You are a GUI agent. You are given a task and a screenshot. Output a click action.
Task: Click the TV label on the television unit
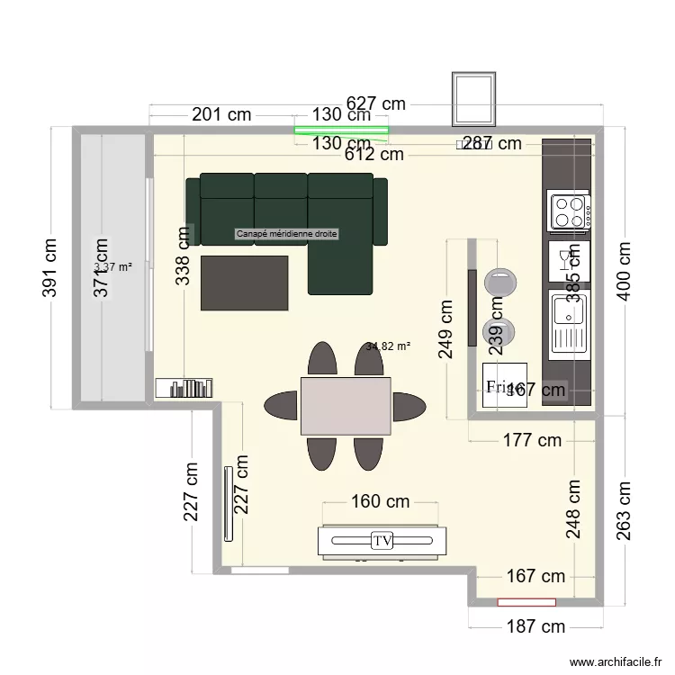pos(382,541)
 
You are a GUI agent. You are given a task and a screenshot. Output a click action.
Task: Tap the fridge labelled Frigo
pos(504,386)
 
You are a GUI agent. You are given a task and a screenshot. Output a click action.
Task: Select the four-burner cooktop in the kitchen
pos(570,212)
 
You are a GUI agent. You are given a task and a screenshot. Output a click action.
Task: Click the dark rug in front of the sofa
pos(244,283)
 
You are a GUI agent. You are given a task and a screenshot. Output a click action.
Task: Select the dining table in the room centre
pos(346,405)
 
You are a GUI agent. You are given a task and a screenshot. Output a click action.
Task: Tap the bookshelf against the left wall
pos(184,388)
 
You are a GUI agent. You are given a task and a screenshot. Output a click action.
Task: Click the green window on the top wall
pos(342,130)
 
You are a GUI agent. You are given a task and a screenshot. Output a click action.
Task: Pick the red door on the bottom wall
pos(527,599)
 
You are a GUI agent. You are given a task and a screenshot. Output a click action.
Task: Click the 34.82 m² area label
pos(388,346)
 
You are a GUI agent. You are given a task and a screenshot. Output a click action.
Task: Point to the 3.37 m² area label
pos(113,267)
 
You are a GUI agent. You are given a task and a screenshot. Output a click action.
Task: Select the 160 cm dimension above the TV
pos(366,501)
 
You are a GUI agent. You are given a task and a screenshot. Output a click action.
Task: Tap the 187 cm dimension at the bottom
pos(535,626)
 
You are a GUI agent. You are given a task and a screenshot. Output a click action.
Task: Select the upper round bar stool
pos(499,281)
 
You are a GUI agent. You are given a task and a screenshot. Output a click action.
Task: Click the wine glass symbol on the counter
pos(564,260)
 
